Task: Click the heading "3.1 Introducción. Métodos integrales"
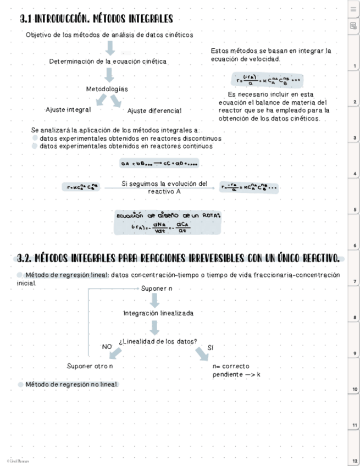96,20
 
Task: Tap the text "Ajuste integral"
68,110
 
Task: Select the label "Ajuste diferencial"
154,111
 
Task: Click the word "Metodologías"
107,89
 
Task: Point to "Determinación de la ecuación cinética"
108,62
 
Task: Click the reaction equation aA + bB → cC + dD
159,163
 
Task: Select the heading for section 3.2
177,258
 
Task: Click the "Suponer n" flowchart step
157,289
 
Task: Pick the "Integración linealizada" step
158,313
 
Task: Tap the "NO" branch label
107,347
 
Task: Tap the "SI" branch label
211,347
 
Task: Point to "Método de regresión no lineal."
71,384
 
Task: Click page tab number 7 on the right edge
355,281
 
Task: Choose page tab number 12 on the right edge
355,461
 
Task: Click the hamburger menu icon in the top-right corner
353,9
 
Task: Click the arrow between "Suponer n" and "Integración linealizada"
155,300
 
